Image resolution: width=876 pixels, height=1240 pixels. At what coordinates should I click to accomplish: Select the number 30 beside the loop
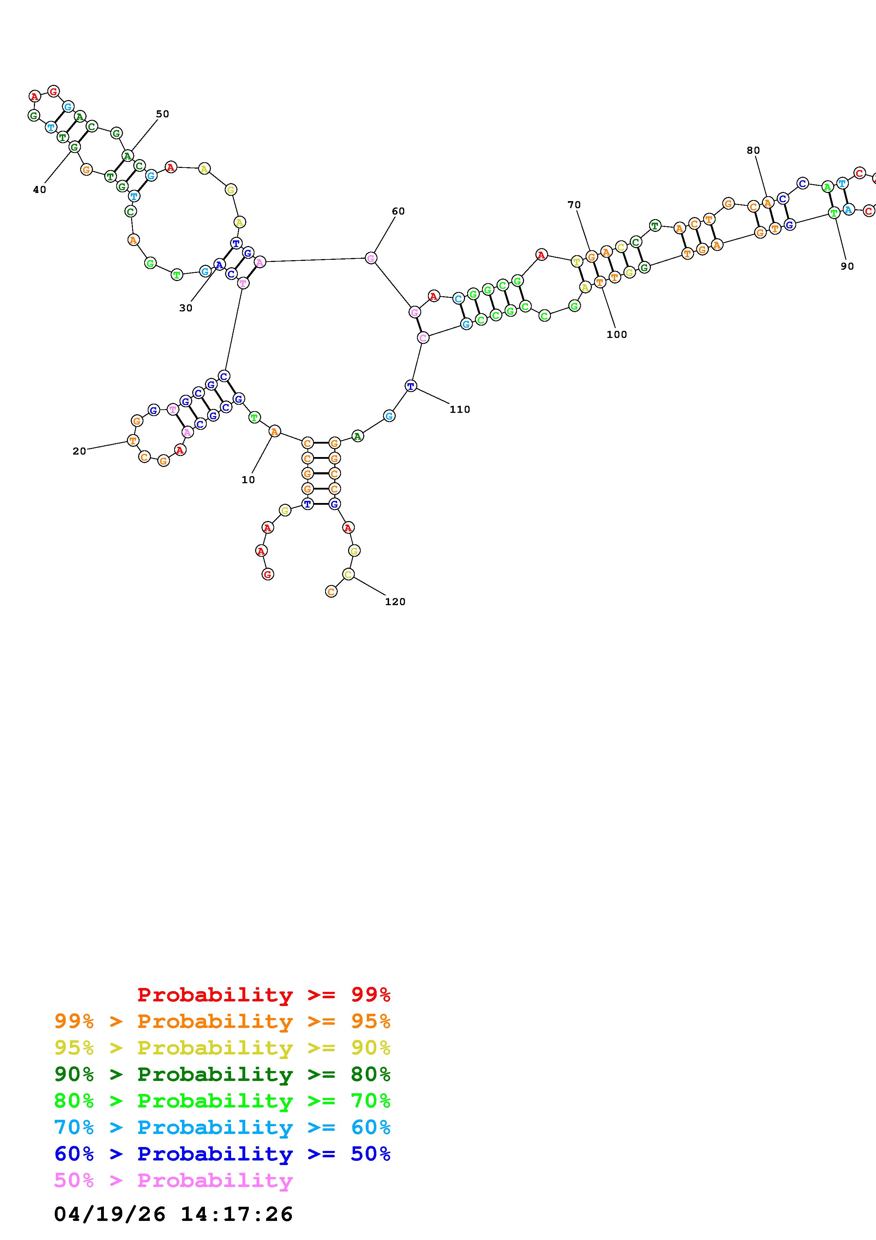tap(186, 308)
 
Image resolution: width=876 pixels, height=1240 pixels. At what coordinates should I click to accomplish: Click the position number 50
tap(163, 114)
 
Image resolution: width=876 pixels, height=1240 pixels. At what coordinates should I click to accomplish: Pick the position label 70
tap(574, 205)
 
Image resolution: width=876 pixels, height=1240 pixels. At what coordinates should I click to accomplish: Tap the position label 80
tap(753, 151)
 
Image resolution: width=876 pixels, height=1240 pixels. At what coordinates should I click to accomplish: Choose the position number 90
tap(847, 266)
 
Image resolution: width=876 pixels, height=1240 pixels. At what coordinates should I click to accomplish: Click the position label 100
tap(616, 334)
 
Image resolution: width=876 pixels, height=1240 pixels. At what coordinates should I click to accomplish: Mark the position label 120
tap(395, 602)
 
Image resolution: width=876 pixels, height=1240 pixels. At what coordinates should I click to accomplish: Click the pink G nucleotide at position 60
tap(371, 258)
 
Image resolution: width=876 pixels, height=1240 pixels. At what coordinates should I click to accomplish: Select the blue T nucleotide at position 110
tap(411, 386)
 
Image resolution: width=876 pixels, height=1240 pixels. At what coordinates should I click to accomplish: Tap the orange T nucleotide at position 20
tap(133, 441)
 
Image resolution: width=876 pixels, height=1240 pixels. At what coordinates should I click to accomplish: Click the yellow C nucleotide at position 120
tap(348, 575)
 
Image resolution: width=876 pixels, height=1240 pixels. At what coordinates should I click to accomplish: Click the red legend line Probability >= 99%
tap(263, 994)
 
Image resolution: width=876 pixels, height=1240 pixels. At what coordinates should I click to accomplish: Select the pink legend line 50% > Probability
tap(173, 1180)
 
